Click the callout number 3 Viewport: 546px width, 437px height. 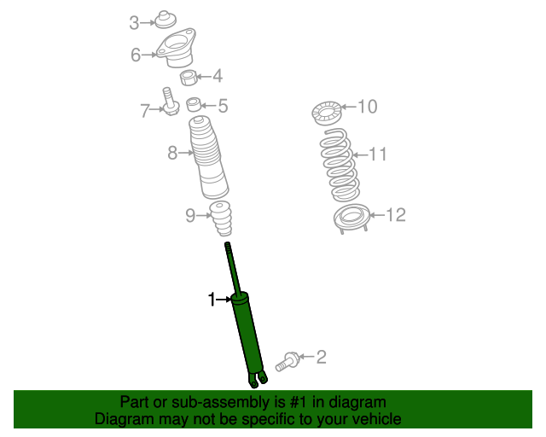pyautogui.click(x=134, y=23)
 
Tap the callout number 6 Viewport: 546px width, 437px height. pyautogui.click(x=136, y=55)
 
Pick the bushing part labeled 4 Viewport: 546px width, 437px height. pyautogui.click(x=189, y=79)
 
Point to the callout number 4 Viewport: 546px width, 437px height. pyautogui.click(x=218, y=77)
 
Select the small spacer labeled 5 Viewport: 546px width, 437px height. pyautogui.click(x=195, y=106)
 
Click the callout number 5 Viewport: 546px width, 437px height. pyautogui.click(x=223, y=107)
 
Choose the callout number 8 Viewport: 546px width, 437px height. pyautogui.click(x=171, y=154)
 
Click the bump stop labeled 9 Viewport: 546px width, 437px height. pyautogui.click(x=223, y=220)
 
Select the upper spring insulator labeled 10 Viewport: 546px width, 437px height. pyautogui.click(x=326, y=112)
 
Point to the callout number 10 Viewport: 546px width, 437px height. pyautogui.click(x=367, y=107)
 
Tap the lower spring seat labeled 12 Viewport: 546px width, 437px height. pyautogui.click(x=349, y=218)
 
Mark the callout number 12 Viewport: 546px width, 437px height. pyautogui.click(x=396, y=215)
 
